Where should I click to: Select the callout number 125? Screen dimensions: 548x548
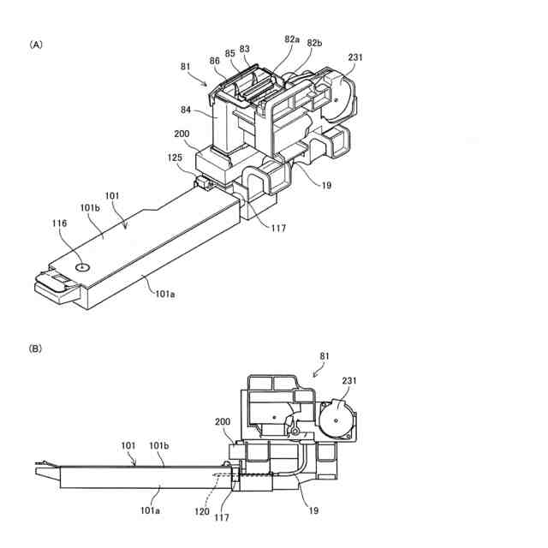click(x=175, y=159)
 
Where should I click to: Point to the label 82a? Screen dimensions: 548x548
click(x=292, y=40)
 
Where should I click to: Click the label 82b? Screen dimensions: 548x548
click(x=314, y=44)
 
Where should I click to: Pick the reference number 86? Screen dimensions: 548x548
click(x=214, y=62)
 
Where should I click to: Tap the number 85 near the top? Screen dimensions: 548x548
click(x=230, y=52)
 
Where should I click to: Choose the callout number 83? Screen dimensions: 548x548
click(x=246, y=50)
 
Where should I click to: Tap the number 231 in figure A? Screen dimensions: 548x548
click(x=355, y=58)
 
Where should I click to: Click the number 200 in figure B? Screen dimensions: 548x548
click(x=222, y=422)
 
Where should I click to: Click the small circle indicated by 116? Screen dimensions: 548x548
click(x=81, y=266)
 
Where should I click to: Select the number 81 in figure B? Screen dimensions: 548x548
click(x=325, y=355)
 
